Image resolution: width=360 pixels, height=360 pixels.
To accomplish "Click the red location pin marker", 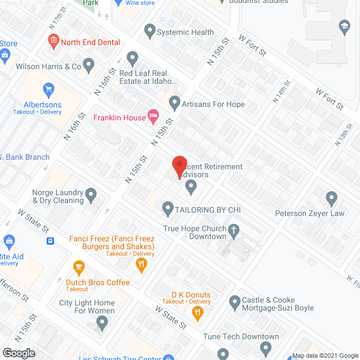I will click(x=179, y=166).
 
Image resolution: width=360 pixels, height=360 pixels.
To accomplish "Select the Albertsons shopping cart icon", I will click(x=48, y=89).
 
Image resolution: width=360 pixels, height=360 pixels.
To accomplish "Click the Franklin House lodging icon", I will click(x=152, y=117).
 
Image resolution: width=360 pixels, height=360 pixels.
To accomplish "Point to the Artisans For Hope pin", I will click(x=174, y=103).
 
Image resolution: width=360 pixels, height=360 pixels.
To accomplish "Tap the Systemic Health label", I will click(x=185, y=32).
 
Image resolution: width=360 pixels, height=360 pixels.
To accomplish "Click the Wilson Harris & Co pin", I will click(x=88, y=66).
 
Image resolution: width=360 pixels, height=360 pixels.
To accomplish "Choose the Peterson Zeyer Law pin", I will click(x=331, y=197).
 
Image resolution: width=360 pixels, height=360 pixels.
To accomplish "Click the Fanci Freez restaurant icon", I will click(x=142, y=263).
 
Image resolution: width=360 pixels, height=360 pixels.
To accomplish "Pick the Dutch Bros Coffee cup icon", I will click(x=78, y=266).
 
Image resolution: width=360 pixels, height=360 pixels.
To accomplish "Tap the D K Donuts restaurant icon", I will click(x=197, y=314).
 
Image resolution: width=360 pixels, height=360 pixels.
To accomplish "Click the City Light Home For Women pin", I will click(x=102, y=323).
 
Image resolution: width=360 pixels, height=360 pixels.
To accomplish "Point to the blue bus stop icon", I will click(x=51, y=241).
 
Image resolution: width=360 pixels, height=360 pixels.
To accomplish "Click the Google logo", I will click(x=19, y=353).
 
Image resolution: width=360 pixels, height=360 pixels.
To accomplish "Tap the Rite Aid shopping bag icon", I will click(x=8, y=242).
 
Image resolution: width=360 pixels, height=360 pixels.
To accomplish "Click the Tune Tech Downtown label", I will click(x=244, y=336).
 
